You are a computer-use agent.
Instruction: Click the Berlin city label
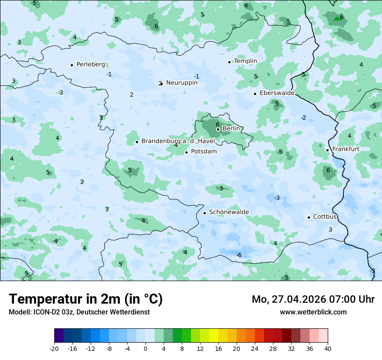coord(231,129)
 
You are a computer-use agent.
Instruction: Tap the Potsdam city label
coord(204,152)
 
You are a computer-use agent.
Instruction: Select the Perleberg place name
coord(90,65)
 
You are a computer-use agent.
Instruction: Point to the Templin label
coord(245,61)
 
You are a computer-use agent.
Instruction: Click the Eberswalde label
coord(277,93)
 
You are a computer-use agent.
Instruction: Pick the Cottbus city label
coord(325,216)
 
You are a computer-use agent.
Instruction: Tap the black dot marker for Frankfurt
coord(327,150)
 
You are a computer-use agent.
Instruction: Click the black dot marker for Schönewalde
coord(204,213)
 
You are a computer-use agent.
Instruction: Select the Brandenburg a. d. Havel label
coord(178,141)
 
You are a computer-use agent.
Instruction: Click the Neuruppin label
coord(181,83)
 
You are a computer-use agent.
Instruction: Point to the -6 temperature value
coord(238,255)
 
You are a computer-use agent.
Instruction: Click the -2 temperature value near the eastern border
coord(303,118)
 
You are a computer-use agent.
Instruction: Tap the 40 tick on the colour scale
coord(327,348)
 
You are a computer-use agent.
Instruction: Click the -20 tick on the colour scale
coord(54,348)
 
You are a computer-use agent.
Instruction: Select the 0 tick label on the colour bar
coord(145,348)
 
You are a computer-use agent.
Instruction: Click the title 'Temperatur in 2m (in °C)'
coord(86,299)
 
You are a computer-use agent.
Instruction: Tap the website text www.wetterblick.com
coord(313,312)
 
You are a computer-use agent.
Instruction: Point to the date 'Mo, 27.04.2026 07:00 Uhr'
coord(313,299)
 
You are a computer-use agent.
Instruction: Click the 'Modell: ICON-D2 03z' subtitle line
coord(79,312)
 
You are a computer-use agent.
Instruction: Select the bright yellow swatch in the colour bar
coord(214,336)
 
